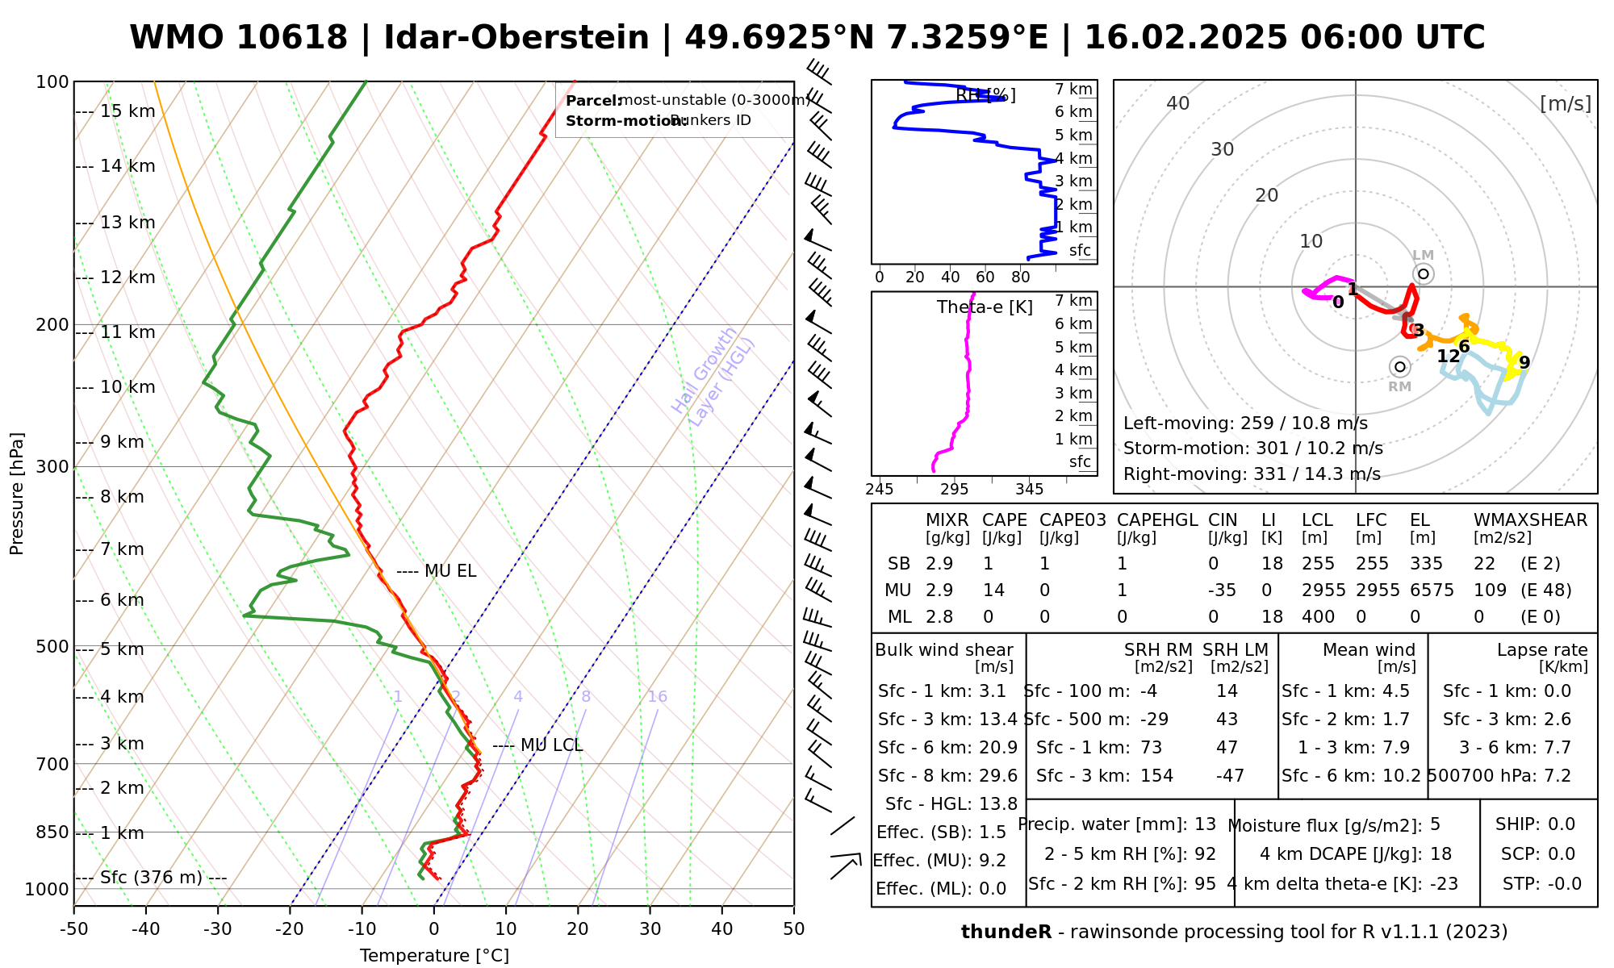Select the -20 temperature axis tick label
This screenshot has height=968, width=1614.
[x=290, y=929]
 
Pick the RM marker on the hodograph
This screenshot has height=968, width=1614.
[x=1399, y=367]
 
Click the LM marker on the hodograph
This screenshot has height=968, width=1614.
[x=1423, y=274]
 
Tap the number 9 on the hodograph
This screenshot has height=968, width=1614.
[x=1524, y=363]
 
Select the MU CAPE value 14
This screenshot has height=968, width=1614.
[x=993, y=590]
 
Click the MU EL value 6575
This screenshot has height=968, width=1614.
[x=1432, y=590]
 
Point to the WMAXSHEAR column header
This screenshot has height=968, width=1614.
[x=1530, y=520]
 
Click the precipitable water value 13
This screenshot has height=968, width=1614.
[x=1205, y=824]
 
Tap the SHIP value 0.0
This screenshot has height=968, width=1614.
[x=1562, y=824]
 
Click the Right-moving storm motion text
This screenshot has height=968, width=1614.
[x=1252, y=474]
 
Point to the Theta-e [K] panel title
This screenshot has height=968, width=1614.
[x=985, y=307]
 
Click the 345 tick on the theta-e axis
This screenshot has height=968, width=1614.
[x=1029, y=490]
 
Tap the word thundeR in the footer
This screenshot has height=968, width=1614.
[x=1006, y=933]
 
